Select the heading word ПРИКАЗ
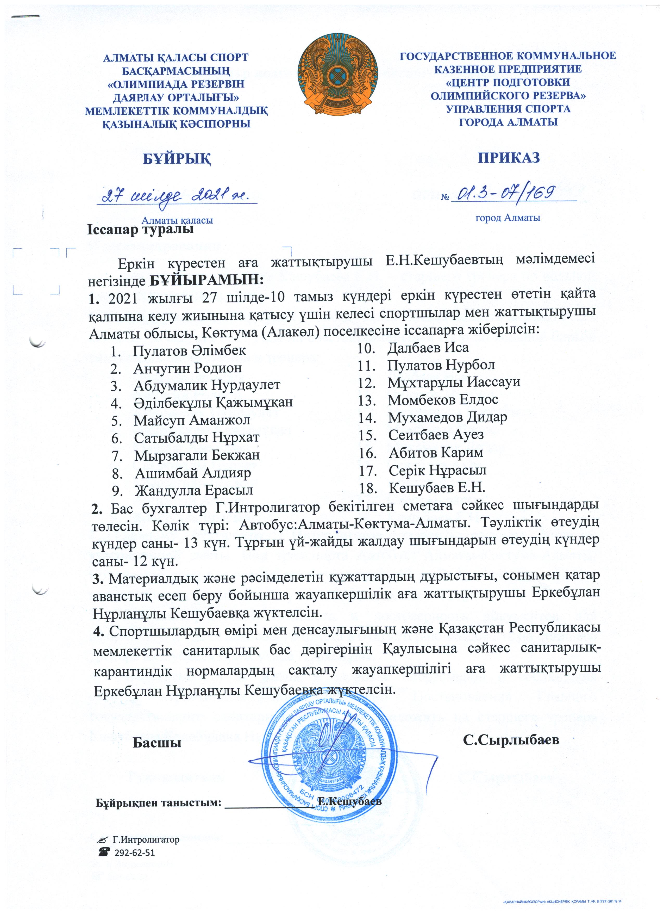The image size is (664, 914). [x=509, y=158]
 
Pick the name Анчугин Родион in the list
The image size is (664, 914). [x=188, y=368]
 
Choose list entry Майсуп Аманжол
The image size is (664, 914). [x=192, y=420]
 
